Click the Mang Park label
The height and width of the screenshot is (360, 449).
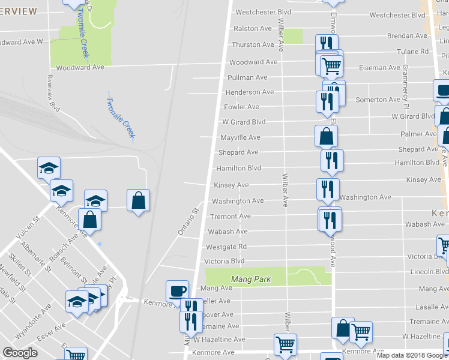pos(251,279)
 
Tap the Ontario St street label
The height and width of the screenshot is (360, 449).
pos(187,222)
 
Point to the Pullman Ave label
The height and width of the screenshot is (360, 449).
pos(247,77)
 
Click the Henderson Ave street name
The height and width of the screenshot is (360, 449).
pos(249,92)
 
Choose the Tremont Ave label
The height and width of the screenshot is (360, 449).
pos(230,216)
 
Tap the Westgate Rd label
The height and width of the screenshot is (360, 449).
pos(226,247)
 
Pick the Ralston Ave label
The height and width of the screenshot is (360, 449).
pos(253,28)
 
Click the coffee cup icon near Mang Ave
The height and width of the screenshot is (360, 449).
pos(177,290)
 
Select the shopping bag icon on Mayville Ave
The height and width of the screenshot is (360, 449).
pos(325,136)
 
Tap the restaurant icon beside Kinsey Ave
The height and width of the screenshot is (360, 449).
pos(328,188)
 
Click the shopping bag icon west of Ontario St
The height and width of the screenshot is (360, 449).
pos(138,199)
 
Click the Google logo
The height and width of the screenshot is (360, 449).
pos(20,353)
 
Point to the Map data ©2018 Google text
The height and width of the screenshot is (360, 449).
pos(412,355)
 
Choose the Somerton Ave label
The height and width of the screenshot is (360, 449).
pos(378,100)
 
